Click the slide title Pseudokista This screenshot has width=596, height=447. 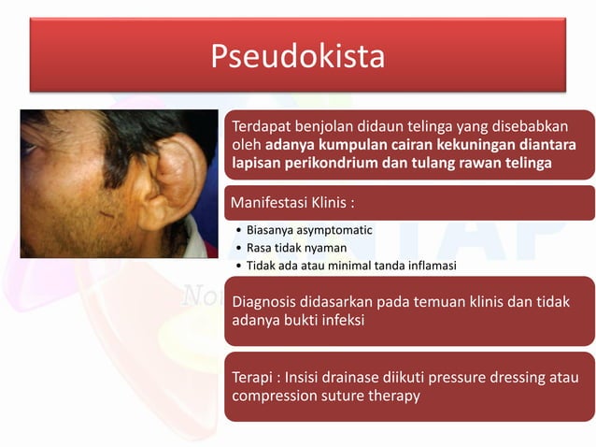click(297, 56)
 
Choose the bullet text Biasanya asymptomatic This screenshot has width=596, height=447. click(309, 230)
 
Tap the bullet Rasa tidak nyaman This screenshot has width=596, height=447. click(296, 248)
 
